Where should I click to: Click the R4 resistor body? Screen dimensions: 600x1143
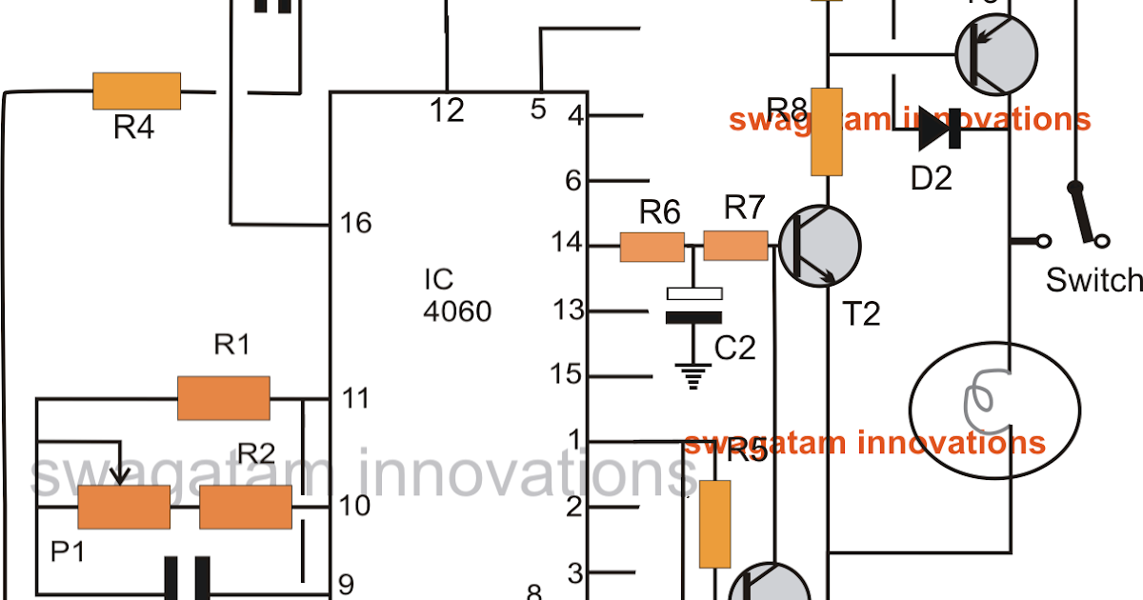tap(136, 91)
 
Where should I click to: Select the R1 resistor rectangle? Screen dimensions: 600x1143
tap(224, 397)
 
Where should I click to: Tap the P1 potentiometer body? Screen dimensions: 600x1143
tap(124, 507)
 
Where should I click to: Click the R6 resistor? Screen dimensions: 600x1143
tap(652, 247)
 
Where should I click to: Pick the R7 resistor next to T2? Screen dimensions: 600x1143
tap(735, 246)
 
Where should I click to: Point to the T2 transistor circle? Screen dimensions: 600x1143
tap(819, 246)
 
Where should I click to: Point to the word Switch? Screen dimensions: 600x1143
tap(1093, 280)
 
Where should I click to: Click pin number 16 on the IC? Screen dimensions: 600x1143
tap(356, 223)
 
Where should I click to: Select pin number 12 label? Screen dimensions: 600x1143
tap(446, 110)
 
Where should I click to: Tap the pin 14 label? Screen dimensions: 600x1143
tap(568, 246)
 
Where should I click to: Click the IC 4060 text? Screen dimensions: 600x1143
tap(457, 295)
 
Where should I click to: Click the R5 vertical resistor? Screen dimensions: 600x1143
tap(714, 524)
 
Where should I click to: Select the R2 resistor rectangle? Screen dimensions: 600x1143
tap(246, 507)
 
